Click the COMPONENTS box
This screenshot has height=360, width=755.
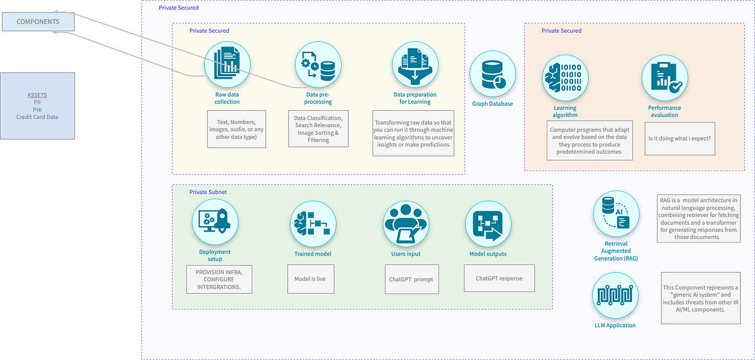(38, 21)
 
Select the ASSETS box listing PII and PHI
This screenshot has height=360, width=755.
(37, 106)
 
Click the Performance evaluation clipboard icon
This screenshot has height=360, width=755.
(664, 78)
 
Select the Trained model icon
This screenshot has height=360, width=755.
(313, 225)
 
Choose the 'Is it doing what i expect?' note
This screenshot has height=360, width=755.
(679, 139)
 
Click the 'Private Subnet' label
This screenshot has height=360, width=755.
(208, 191)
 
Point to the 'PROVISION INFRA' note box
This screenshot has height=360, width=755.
(219, 279)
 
